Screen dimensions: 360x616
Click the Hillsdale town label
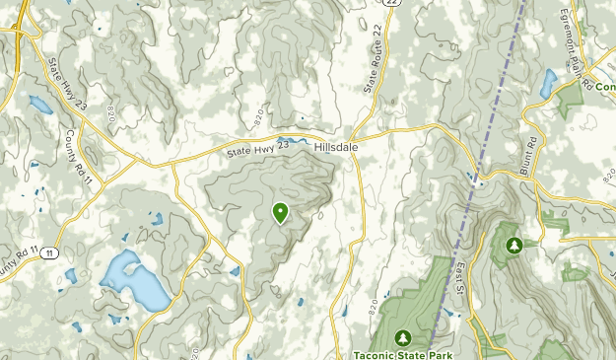tap(337, 145)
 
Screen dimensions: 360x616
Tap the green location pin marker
tap(280, 212)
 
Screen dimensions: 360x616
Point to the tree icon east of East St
tap(513, 244)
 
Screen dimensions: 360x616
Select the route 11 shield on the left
tap(49, 253)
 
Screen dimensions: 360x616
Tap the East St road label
tap(459, 279)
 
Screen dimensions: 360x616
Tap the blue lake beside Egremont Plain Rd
tap(548, 82)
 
